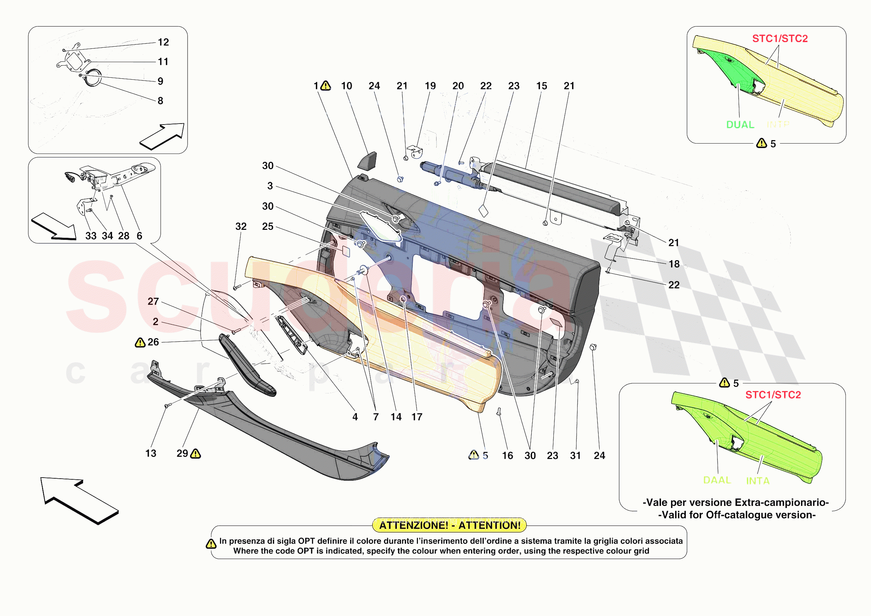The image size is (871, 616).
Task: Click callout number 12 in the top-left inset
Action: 163,42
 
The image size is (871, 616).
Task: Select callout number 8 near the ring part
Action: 160,101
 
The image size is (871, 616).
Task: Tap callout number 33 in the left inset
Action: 91,236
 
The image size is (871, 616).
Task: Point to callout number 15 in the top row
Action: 541,86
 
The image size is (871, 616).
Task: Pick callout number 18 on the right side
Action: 674,264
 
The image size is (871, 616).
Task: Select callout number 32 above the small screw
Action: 241,226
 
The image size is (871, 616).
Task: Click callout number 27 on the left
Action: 153,301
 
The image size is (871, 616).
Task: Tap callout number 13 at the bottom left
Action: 151,453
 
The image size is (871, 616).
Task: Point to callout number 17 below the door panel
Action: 417,417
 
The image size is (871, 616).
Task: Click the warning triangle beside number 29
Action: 196,453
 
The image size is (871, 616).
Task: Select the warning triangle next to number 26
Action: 140,343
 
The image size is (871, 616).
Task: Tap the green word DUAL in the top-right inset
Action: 740,125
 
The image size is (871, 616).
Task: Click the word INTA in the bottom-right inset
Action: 758,481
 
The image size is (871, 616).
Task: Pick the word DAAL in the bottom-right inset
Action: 717,480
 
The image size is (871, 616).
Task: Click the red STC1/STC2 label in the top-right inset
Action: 780,39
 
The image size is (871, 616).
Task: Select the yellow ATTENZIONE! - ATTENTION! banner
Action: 450,525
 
